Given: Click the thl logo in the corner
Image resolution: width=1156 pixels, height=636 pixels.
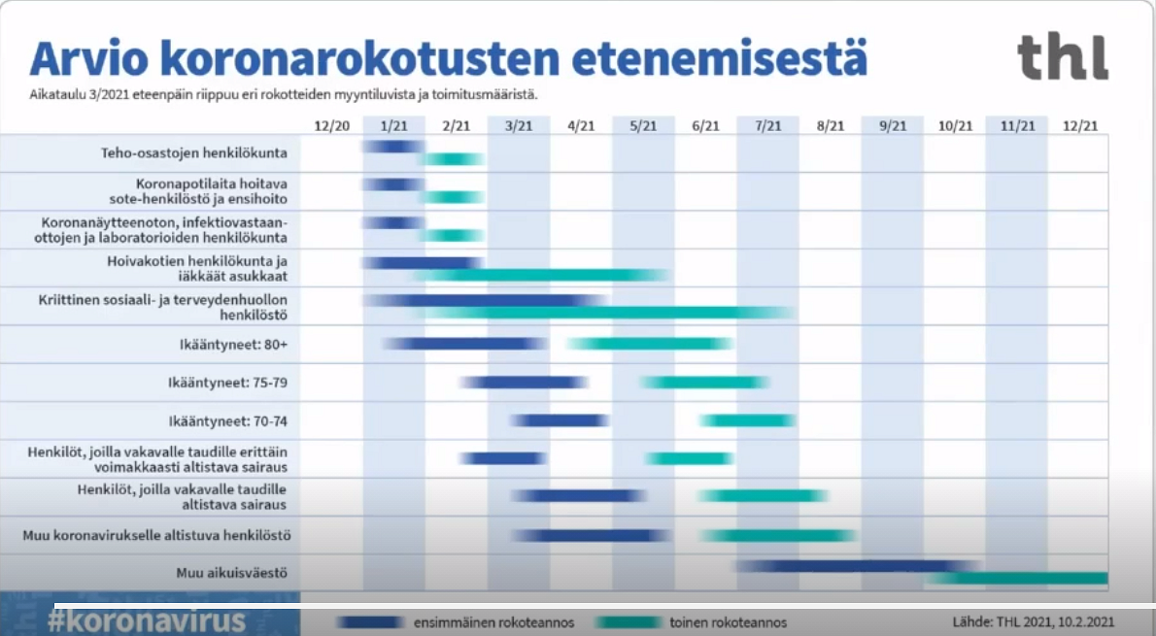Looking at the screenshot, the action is pyautogui.click(x=1063, y=56).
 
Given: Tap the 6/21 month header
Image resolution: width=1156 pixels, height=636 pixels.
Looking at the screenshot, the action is pyautogui.click(x=705, y=126).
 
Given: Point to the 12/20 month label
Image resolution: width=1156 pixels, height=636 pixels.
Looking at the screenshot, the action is pyautogui.click(x=332, y=126).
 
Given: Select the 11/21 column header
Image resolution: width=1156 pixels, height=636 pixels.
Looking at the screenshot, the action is pyautogui.click(x=1017, y=126).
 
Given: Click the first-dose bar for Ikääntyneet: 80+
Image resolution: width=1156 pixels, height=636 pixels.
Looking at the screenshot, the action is pyautogui.click(x=466, y=344).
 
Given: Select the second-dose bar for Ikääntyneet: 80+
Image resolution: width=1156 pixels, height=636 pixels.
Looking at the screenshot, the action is pyautogui.click(x=650, y=344).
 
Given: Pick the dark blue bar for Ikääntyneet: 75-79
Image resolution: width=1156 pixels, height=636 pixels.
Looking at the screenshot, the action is pyautogui.click(x=524, y=383).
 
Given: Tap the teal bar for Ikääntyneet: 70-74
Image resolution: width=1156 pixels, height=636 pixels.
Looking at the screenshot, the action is pyautogui.click(x=748, y=420).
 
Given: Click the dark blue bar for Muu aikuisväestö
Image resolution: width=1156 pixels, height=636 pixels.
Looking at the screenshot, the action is pyautogui.click(x=858, y=566).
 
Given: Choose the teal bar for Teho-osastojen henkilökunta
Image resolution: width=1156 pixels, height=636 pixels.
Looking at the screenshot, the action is pyautogui.click(x=452, y=158).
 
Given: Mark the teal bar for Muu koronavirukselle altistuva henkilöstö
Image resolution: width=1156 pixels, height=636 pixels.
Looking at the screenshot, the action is pyautogui.click(x=778, y=536).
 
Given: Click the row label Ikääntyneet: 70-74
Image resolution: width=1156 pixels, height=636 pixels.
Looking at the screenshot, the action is pyautogui.click(x=228, y=421).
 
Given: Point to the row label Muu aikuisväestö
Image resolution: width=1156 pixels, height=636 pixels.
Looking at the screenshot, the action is pyautogui.click(x=231, y=573).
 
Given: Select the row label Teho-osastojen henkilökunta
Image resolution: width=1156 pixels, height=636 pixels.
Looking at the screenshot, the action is pyautogui.click(x=194, y=153).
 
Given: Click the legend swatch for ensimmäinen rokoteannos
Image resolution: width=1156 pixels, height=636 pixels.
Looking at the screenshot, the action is pyautogui.click(x=369, y=622).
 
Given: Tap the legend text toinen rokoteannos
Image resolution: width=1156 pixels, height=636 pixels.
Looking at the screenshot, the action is pyautogui.click(x=729, y=622).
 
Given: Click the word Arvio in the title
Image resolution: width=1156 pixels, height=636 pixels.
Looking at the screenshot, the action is pyautogui.click(x=89, y=59).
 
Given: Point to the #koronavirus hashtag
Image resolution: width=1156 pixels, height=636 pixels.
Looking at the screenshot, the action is pyautogui.click(x=146, y=619).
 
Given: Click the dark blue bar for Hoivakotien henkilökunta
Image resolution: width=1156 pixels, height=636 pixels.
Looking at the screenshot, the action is pyautogui.click(x=423, y=263).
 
